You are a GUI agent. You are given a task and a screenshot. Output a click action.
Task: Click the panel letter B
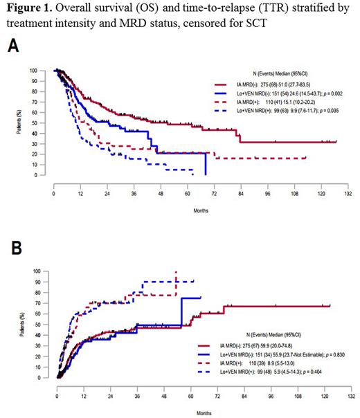click(12, 247)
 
